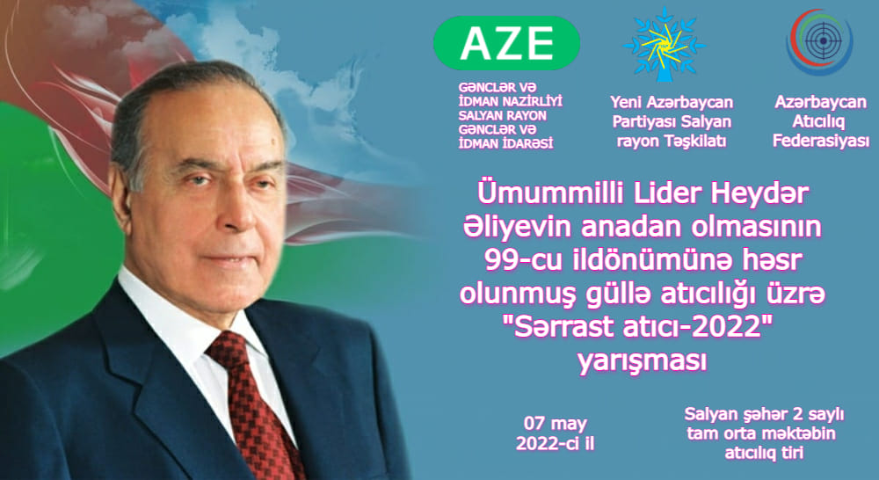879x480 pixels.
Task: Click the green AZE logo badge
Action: point(506,43)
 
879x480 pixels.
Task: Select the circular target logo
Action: point(819,41)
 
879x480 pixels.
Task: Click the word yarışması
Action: point(642,361)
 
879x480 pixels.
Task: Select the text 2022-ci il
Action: point(555,444)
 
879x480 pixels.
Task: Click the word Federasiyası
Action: point(821,141)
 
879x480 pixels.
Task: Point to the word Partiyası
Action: point(642,121)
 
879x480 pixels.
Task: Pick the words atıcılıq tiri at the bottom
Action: point(764,453)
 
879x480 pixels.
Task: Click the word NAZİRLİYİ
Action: point(529,101)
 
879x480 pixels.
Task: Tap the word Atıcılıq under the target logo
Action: point(818,121)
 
